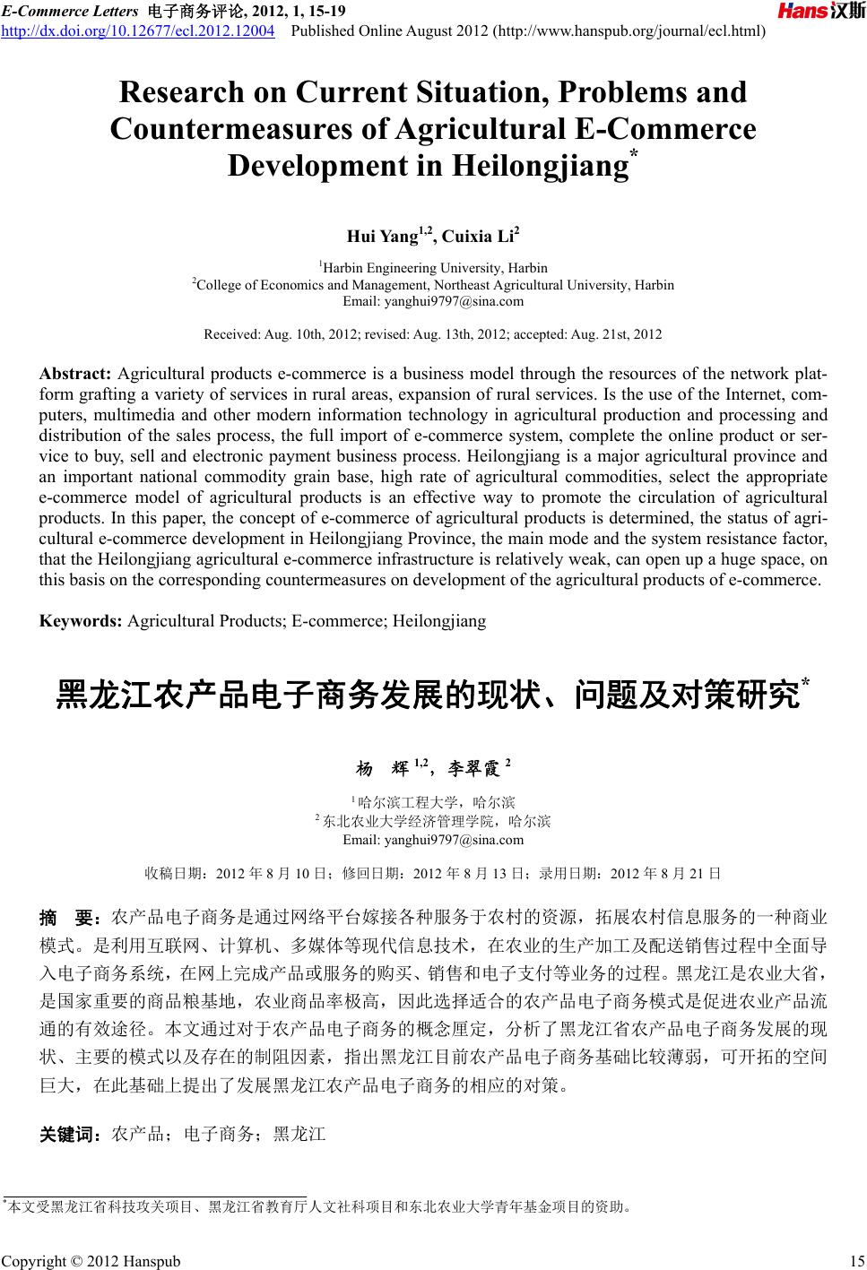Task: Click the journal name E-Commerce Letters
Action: click(67, 11)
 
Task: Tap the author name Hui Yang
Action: click(382, 238)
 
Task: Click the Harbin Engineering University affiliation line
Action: click(435, 268)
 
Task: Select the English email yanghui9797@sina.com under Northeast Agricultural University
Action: click(433, 301)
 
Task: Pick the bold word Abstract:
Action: click(75, 374)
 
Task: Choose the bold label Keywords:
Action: click(81, 620)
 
